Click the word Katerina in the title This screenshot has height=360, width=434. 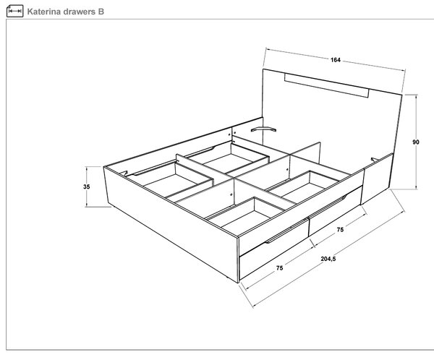[44, 12]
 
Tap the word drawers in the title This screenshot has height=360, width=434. [79, 12]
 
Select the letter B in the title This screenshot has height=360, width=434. [101, 12]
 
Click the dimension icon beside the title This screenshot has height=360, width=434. [14, 11]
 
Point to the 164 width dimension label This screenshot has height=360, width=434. [335, 60]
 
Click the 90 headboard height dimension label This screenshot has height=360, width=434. [416, 142]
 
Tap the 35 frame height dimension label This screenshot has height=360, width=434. [86, 187]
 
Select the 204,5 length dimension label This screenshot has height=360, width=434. [328, 259]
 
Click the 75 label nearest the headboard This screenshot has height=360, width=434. [340, 229]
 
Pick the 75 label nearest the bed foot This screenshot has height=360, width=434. [279, 268]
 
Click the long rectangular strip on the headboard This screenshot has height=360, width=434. [327, 85]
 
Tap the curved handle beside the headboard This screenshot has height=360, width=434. [263, 129]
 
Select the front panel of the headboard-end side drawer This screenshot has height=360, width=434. [336, 211]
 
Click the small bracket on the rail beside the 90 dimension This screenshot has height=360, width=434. [375, 160]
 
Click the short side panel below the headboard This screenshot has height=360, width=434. [377, 179]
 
